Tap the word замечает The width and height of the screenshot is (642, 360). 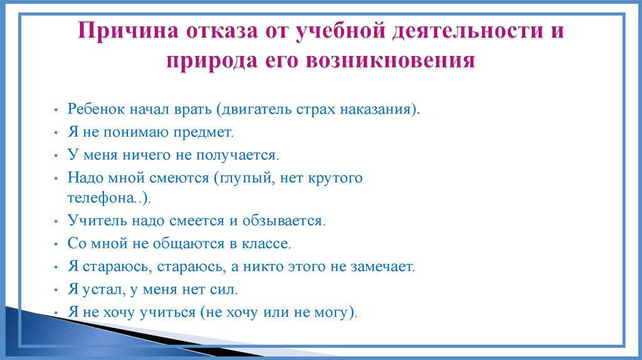coord(383,266)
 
